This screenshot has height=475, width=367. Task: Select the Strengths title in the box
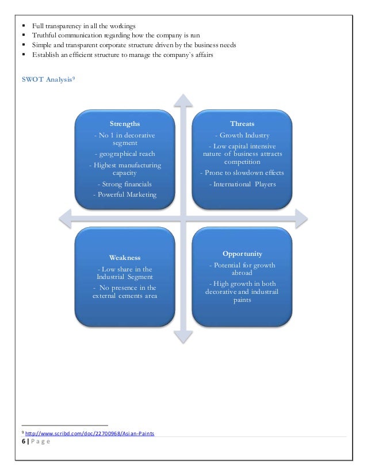[124, 124]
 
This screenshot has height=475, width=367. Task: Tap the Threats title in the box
[242, 124]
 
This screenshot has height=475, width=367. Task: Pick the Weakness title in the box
[124, 257]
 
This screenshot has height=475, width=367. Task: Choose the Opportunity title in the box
[242, 254]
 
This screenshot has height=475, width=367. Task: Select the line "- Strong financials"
[124, 184]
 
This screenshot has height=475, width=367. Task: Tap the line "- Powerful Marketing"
[124, 195]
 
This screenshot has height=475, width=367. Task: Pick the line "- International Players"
[242, 184]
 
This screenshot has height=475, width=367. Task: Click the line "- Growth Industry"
[242, 136]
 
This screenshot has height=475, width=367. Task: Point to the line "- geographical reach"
[124, 154]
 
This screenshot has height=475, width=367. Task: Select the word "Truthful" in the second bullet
[45, 36]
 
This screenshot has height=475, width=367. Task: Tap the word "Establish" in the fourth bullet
[46, 54]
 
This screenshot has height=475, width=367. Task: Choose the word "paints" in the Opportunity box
[242, 300]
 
